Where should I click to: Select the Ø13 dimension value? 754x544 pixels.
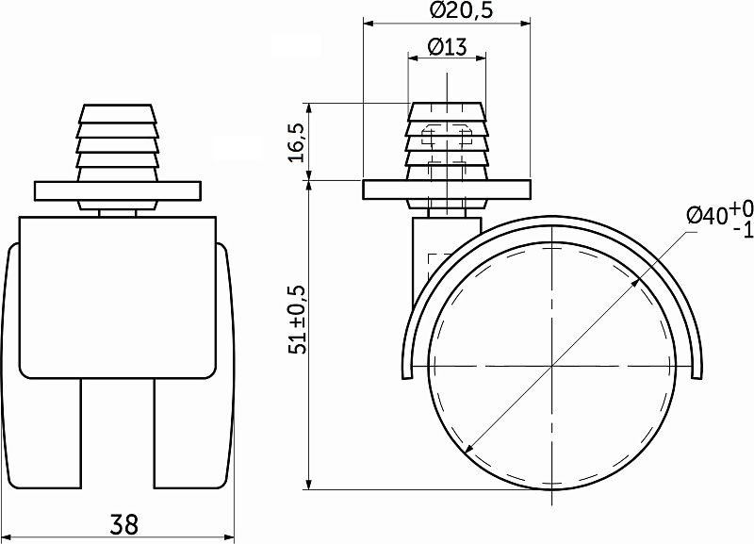pyautogui.click(x=447, y=46)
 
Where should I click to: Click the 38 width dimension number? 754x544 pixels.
pyautogui.click(x=120, y=522)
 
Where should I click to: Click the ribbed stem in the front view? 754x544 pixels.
pyautogui.click(x=118, y=141)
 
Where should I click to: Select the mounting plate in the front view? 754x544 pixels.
pyautogui.click(x=118, y=190)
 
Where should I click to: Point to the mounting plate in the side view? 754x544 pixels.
pyautogui.click(x=447, y=190)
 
